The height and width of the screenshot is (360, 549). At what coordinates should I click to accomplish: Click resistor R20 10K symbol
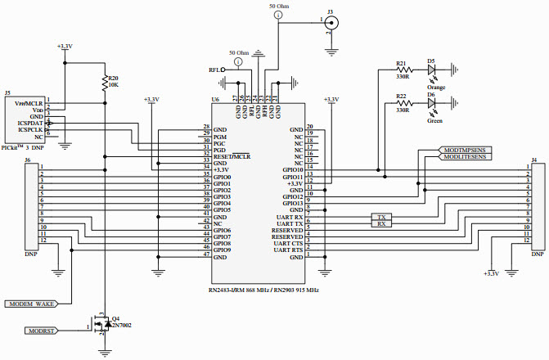(x=105, y=82)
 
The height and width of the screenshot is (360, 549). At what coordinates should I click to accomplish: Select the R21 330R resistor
(x=402, y=70)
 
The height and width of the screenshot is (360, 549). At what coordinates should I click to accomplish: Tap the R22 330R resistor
(x=402, y=105)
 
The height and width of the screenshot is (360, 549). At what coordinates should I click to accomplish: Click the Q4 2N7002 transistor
(x=103, y=325)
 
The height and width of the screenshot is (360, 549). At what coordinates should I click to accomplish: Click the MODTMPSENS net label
(x=463, y=151)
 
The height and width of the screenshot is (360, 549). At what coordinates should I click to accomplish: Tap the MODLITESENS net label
(x=465, y=158)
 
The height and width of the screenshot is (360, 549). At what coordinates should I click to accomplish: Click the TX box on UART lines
(x=381, y=218)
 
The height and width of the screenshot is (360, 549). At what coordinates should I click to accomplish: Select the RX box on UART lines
(x=381, y=224)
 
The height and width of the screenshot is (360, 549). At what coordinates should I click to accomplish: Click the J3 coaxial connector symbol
(x=331, y=25)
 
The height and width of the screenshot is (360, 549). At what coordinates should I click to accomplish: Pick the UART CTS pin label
(x=288, y=244)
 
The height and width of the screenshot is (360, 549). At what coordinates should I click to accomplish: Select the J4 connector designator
(x=534, y=160)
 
